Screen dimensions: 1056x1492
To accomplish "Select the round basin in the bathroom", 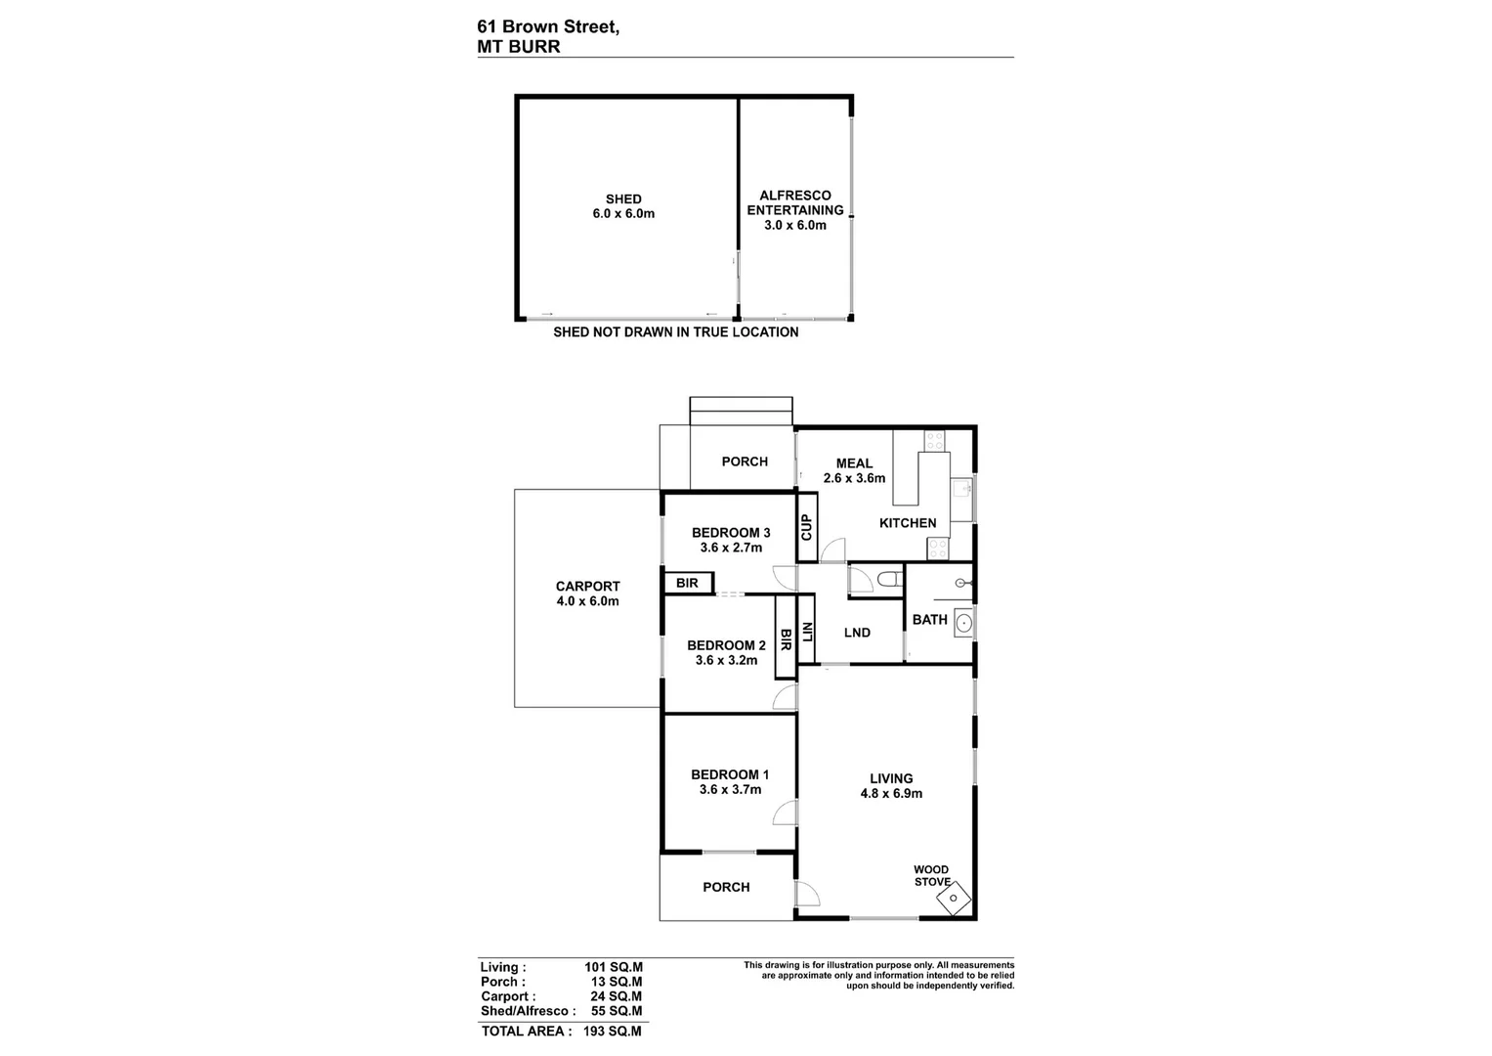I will [963, 622].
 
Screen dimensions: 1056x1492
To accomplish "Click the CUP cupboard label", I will [807, 528].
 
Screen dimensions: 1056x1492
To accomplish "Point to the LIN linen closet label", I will [807, 633].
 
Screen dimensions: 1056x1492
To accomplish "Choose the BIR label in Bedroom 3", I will [687, 584].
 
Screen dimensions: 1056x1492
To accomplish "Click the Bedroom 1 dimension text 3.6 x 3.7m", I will [730, 790].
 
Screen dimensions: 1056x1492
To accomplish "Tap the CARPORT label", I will [587, 587].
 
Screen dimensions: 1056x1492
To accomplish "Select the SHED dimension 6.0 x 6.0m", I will [623, 213].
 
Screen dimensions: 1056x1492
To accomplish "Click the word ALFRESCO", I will [794, 196].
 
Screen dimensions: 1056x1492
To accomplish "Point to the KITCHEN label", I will [908, 523].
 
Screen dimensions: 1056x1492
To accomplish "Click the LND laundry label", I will [857, 633].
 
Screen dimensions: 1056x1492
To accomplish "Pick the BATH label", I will [929, 620].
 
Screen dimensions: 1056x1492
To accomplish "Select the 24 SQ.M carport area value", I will [616, 996].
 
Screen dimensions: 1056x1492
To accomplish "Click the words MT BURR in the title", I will [518, 46].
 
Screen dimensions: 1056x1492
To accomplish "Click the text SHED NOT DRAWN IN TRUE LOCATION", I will [675, 332].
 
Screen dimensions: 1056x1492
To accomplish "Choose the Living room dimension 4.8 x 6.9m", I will [891, 794].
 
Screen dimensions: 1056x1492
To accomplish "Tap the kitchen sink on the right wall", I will [961, 488].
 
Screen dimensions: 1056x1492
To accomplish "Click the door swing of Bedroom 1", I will [784, 814].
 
